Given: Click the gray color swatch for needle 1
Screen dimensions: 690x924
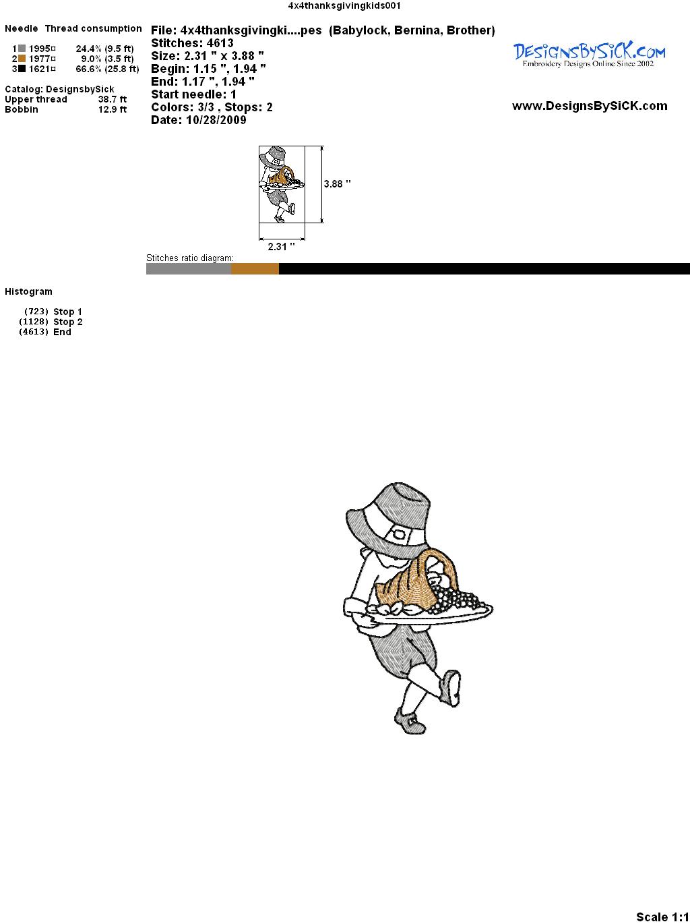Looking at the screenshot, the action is click(22, 49).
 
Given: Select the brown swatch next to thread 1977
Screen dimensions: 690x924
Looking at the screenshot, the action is click(22, 59).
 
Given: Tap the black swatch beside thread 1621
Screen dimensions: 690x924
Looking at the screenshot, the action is click(22, 69).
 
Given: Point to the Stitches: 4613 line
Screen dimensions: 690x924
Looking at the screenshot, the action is click(192, 43).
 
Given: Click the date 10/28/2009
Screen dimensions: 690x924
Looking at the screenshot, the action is click(216, 120).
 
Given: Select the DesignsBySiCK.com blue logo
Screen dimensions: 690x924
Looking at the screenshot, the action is click(589, 55).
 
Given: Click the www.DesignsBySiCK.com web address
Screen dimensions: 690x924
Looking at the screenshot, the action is click(590, 106).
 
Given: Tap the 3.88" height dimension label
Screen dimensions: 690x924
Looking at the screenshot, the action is click(337, 184).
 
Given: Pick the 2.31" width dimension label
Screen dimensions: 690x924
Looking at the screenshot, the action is click(281, 246).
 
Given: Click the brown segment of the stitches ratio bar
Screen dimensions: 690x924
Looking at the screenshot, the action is click(255, 268).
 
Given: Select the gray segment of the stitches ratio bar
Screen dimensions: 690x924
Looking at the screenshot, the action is click(189, 268).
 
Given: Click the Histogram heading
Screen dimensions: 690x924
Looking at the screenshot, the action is click(28, 291).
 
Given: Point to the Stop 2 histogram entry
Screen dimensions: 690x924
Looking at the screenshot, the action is click(51, 322).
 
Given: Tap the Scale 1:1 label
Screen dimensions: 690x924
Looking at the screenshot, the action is click(662, 917).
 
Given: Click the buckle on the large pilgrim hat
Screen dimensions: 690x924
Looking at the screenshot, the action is click(401, 534).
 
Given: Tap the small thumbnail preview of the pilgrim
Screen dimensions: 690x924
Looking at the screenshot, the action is click(282, 184).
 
